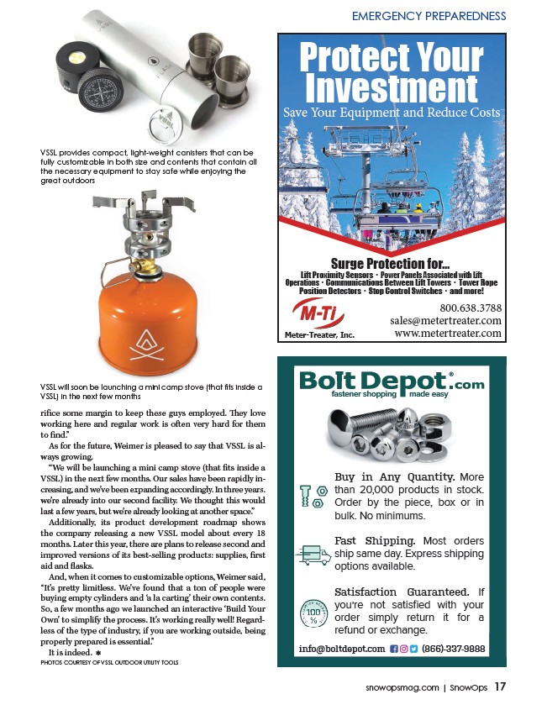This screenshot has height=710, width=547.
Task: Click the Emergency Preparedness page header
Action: click(429, 16)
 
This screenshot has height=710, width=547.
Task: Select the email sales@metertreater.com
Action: click(445, 320)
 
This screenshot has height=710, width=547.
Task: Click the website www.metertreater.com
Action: click(447, 334)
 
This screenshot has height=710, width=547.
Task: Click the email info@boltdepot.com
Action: click(341, 649)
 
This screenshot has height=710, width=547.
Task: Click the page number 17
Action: click(501, 686)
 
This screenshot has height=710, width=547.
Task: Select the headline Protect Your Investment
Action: click(391, 73)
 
